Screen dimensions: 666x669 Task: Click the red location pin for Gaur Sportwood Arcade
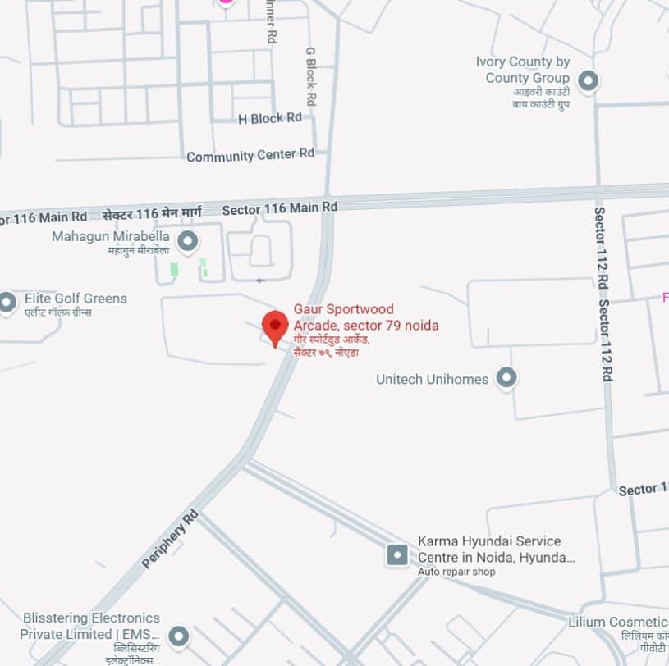coord(275,326)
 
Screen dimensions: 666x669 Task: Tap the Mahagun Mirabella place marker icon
coord(188,241)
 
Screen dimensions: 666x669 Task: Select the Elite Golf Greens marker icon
coord(7,303)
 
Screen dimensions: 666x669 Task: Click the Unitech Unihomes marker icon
coord(507,378)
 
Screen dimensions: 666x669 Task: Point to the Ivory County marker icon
coord(587,81)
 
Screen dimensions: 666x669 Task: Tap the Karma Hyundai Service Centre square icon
coord(397,555)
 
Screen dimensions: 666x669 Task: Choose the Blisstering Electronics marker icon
coord(178,636)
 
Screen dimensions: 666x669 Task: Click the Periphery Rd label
coord(170,539)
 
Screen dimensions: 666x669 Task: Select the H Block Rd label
coord(269,118)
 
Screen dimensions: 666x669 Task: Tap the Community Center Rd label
coord(250,154)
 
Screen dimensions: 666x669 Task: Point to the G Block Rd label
coord(310,75)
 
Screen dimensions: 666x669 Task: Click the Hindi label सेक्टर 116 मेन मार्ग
coord(152,214)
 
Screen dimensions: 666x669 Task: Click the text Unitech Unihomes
coord(432,379)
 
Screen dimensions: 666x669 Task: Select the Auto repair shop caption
coord(456,572)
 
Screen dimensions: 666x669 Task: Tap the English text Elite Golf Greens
coord(76,299)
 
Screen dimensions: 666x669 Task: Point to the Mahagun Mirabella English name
coord(111,236)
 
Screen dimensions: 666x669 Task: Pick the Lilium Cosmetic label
coord(617,623)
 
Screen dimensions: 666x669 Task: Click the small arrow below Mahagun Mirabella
coord(260,281)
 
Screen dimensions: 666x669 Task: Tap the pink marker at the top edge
coord(226,2)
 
